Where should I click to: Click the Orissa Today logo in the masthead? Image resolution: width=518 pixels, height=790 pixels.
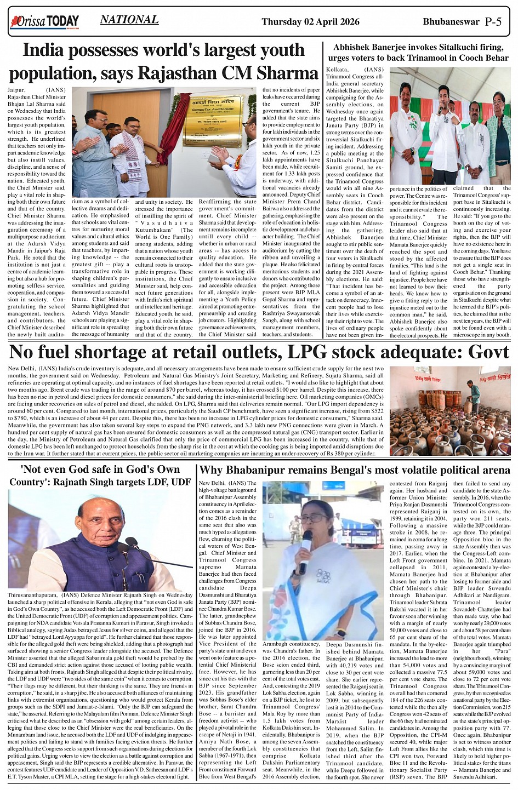point(44,22)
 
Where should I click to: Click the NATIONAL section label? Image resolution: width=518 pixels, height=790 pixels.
point(129,20)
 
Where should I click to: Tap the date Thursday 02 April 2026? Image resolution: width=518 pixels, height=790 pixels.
point(310,22)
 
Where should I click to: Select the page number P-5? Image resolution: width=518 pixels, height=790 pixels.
point(493,22)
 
